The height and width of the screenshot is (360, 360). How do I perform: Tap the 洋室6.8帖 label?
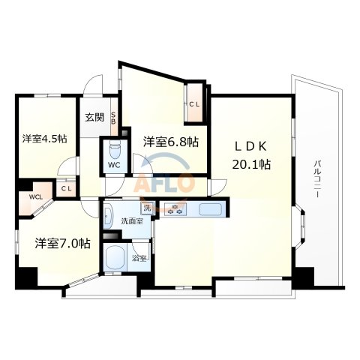point(171,141)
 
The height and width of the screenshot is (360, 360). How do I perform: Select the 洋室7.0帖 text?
point(61,244)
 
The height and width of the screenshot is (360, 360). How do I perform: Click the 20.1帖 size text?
point(250,164)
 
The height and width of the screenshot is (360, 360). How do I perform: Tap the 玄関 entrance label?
point(94,117)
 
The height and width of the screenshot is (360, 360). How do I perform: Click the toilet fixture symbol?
point(115,145)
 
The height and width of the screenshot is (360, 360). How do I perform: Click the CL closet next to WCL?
point(66,188)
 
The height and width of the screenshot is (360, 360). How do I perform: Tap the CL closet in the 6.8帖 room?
point(194,104)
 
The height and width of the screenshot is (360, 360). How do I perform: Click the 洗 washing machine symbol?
point(146,208)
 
